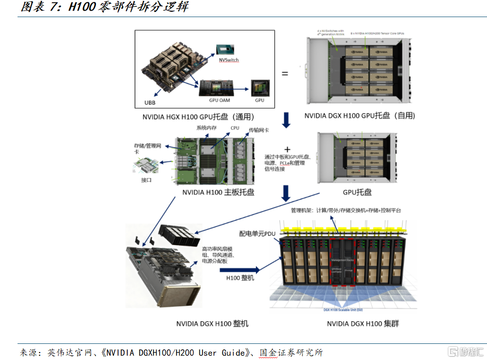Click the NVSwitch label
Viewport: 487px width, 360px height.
click(229, 60)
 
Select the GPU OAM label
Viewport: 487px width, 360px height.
click(219, 100)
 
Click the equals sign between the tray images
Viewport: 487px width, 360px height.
click(285, 73)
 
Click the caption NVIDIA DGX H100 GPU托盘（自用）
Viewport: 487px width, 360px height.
click(360, 116)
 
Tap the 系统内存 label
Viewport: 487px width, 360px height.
click(206, 128)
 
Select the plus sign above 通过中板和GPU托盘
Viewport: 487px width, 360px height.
click(288, 150)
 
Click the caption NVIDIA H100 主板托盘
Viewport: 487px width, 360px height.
click(218, 192)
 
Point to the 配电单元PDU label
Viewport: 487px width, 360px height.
click(257, 234)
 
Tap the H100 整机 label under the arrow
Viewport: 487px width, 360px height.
click(240, 278)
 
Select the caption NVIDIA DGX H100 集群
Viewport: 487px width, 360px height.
click(363, 324)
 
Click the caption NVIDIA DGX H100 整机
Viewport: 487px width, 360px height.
click(212, 324)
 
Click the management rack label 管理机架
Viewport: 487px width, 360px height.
click(302, 210)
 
